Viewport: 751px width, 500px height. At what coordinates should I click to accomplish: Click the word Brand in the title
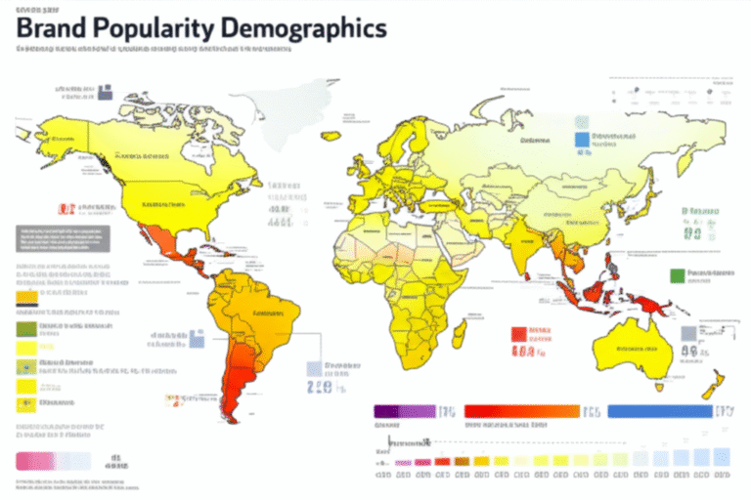pyautogui.click(x=54, y=29)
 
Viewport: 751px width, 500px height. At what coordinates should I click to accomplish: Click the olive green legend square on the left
pyautogui.click(x=26, y=329)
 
